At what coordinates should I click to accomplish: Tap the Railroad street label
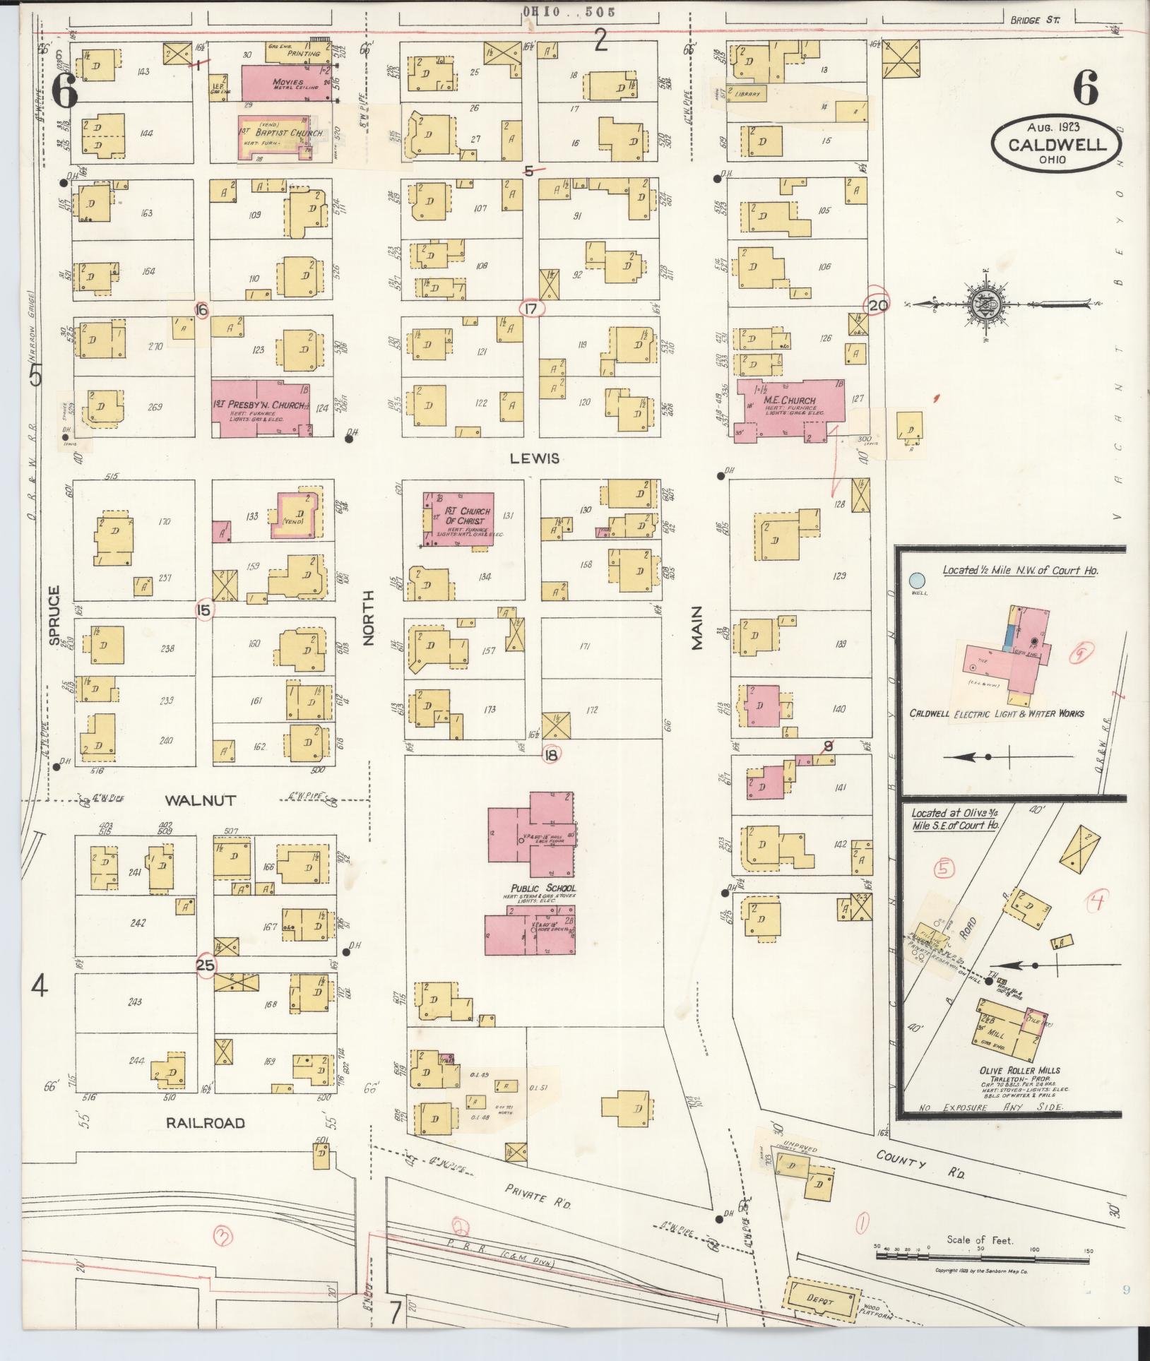[x=205, y=1123]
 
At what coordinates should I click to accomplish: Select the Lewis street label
[x=535, y=458]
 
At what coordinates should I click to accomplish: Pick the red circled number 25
[x=206, y=965]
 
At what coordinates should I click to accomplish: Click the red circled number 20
[x=877, y=306]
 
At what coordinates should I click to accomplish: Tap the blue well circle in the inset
[x=916, y=581]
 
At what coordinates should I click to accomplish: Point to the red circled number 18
[x=552, y=755]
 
